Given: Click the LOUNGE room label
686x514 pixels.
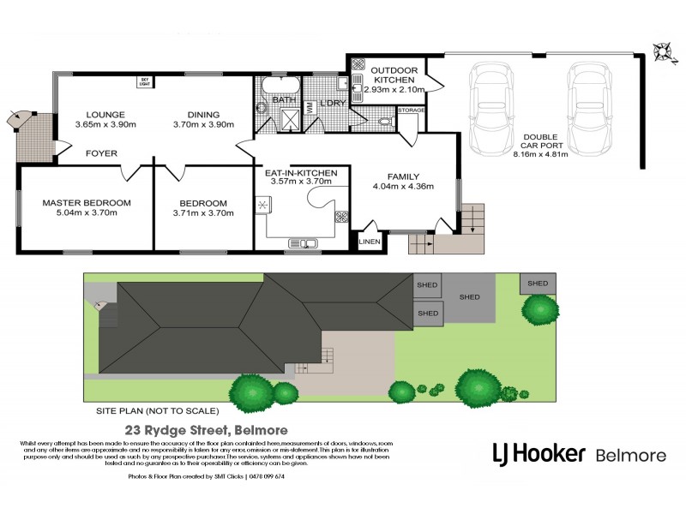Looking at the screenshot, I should [105, 114].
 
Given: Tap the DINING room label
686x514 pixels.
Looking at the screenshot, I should [202, 114].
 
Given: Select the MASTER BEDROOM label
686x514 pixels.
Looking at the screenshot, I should [87, 203].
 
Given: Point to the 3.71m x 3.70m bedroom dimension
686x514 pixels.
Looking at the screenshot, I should [203, 213].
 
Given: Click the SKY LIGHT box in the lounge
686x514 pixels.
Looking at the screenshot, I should [144, 82].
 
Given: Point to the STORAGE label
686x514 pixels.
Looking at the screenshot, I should [412, 111].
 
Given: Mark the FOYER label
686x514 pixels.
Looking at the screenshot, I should [102, 154].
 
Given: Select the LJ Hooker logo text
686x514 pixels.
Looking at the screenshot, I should [538, 452].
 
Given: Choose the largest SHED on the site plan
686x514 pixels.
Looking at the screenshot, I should [470, 297].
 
